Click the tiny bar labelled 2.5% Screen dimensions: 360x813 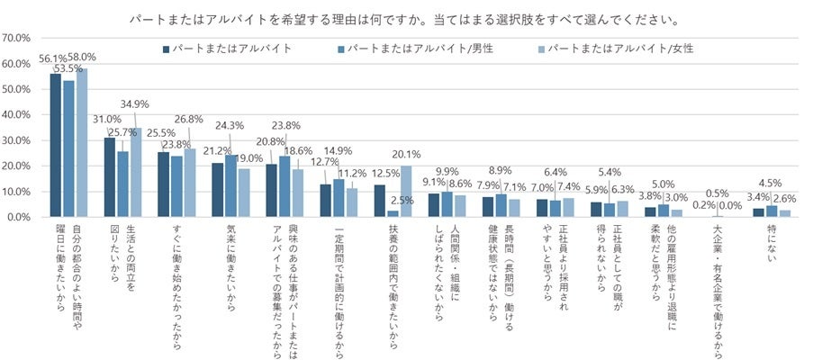coord(393,213)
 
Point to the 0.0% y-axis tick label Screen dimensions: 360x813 coord(20,217)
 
